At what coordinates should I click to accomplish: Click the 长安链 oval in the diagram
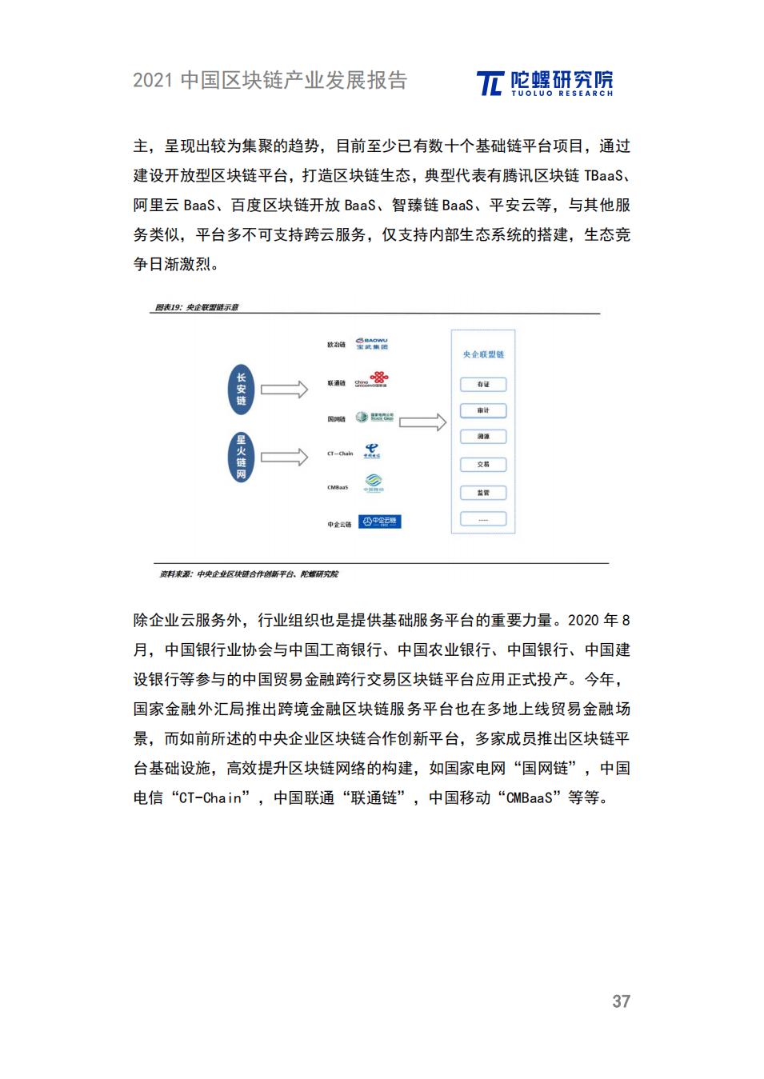(241, 390)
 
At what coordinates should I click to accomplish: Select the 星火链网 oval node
(241, 457)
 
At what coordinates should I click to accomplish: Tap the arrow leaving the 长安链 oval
(284, 390)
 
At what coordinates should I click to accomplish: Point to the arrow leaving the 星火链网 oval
(284, 458)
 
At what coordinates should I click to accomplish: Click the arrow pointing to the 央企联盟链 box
(422, 422)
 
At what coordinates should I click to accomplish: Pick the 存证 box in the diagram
(483, 385)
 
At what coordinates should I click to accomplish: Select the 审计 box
(483, 410)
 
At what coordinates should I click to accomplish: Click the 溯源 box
(483, 437)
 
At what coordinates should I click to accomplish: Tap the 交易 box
(483, 464)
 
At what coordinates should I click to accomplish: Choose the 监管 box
(483, 493)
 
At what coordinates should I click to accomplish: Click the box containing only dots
(483, 519)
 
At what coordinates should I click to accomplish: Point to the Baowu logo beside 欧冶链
(372, 343)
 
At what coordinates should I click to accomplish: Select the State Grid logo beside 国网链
(375, 418)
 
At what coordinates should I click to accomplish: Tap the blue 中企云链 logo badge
(380, 522)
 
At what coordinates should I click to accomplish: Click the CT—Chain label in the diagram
(340, 454)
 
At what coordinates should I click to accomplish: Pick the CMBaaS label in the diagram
(338, 487)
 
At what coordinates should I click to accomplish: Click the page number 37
(621, 1001)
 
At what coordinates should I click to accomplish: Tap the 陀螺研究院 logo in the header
(545, 82)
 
